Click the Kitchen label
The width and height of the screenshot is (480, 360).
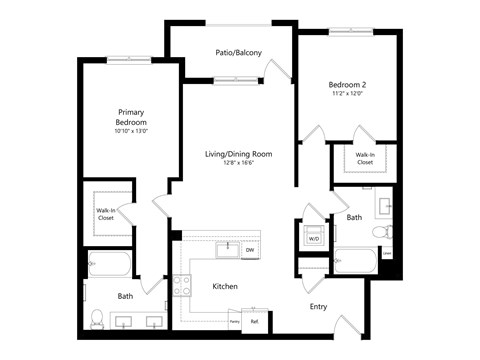225,286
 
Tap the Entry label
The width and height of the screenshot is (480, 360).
318,306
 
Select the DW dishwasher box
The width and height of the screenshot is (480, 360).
249,250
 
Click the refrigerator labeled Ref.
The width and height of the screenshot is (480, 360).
254,321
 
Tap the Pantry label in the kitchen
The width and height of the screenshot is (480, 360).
234,321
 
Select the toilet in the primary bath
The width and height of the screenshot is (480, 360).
97,319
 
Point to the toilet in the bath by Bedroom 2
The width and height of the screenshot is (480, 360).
380,233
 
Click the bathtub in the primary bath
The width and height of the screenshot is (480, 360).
110,266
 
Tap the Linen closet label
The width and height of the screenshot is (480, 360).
386,253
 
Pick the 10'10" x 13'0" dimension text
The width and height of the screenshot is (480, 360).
131,131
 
